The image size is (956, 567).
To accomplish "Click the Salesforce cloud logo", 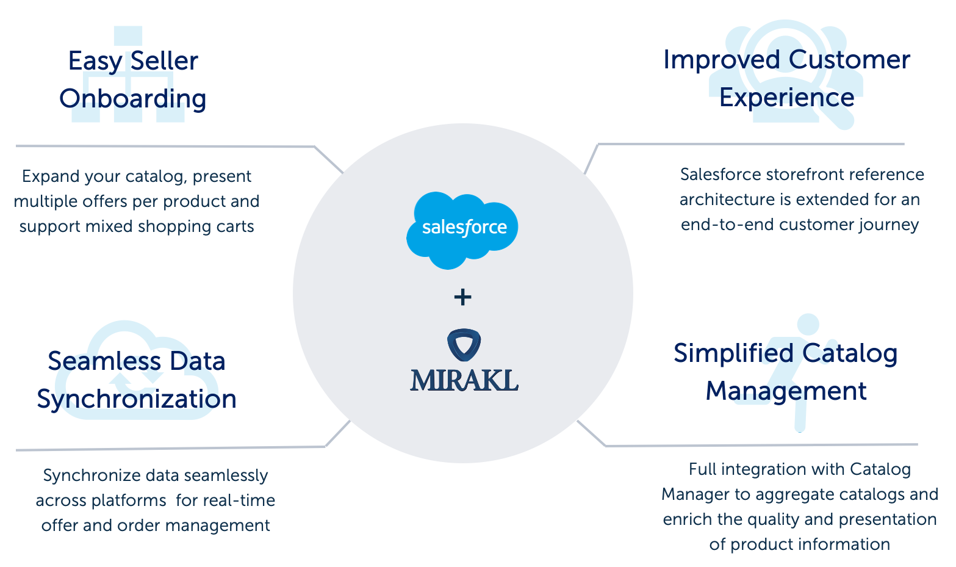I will tap(462, 229).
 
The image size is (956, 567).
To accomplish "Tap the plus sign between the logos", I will tap(463, 297).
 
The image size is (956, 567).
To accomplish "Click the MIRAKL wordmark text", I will tap(464, 380).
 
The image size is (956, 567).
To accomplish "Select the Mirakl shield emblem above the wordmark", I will tap(464, 345).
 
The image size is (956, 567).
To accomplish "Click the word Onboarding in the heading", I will tap(133, 99).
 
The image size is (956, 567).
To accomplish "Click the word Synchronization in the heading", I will tap(137, 399).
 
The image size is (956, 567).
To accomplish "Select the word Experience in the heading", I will tap(786, 98).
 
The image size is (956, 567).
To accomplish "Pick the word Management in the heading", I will tap(786, 391).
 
